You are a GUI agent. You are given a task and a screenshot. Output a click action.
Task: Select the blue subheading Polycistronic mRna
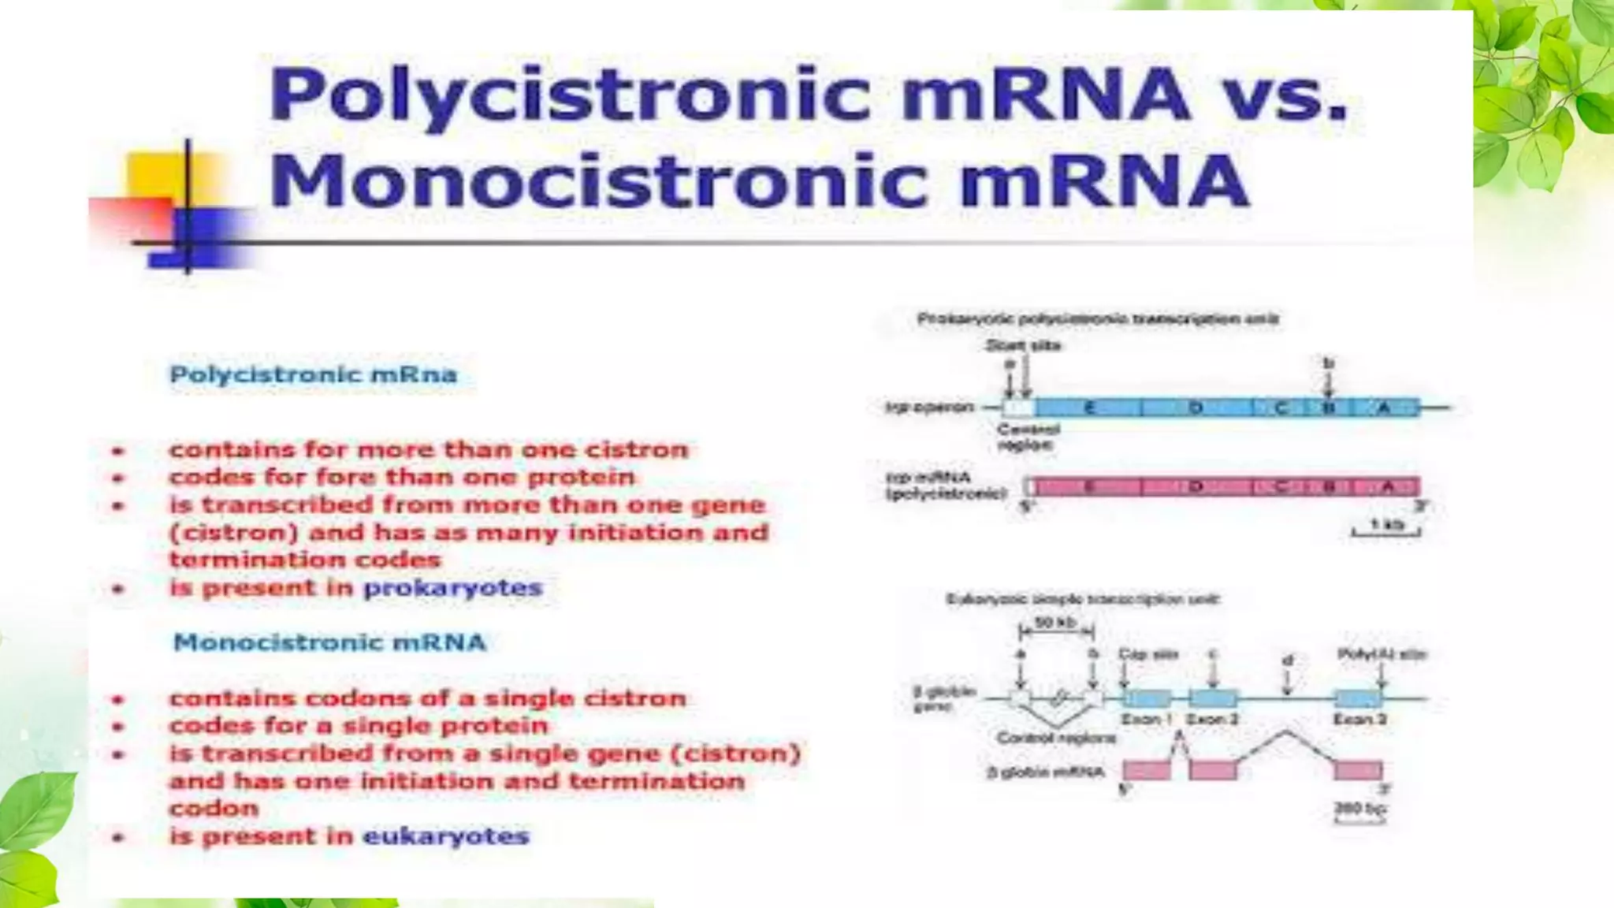coord(313,374)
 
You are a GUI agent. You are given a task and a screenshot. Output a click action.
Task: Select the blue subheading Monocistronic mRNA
coord(329,642)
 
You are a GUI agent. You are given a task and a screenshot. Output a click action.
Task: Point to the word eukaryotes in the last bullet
coord(445,836)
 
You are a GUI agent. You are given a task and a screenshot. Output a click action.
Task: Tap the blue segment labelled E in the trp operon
coord(1089,407)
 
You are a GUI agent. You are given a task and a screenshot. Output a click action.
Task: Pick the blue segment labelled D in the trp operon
coord(1196,407)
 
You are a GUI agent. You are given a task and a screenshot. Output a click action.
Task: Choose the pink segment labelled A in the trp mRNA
coord(1387,486)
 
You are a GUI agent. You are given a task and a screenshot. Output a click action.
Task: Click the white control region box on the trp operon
coord(1018,407)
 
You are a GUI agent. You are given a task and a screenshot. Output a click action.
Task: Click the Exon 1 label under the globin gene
coord(1146,719)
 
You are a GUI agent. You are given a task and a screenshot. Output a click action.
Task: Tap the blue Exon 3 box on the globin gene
coord(1359,698)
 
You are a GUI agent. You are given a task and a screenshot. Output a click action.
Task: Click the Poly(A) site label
coord(1382,654)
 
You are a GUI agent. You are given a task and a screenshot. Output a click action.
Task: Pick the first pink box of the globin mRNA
coord(1147,770)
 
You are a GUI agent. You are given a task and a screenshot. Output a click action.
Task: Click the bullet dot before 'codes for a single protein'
coord(118,727)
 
